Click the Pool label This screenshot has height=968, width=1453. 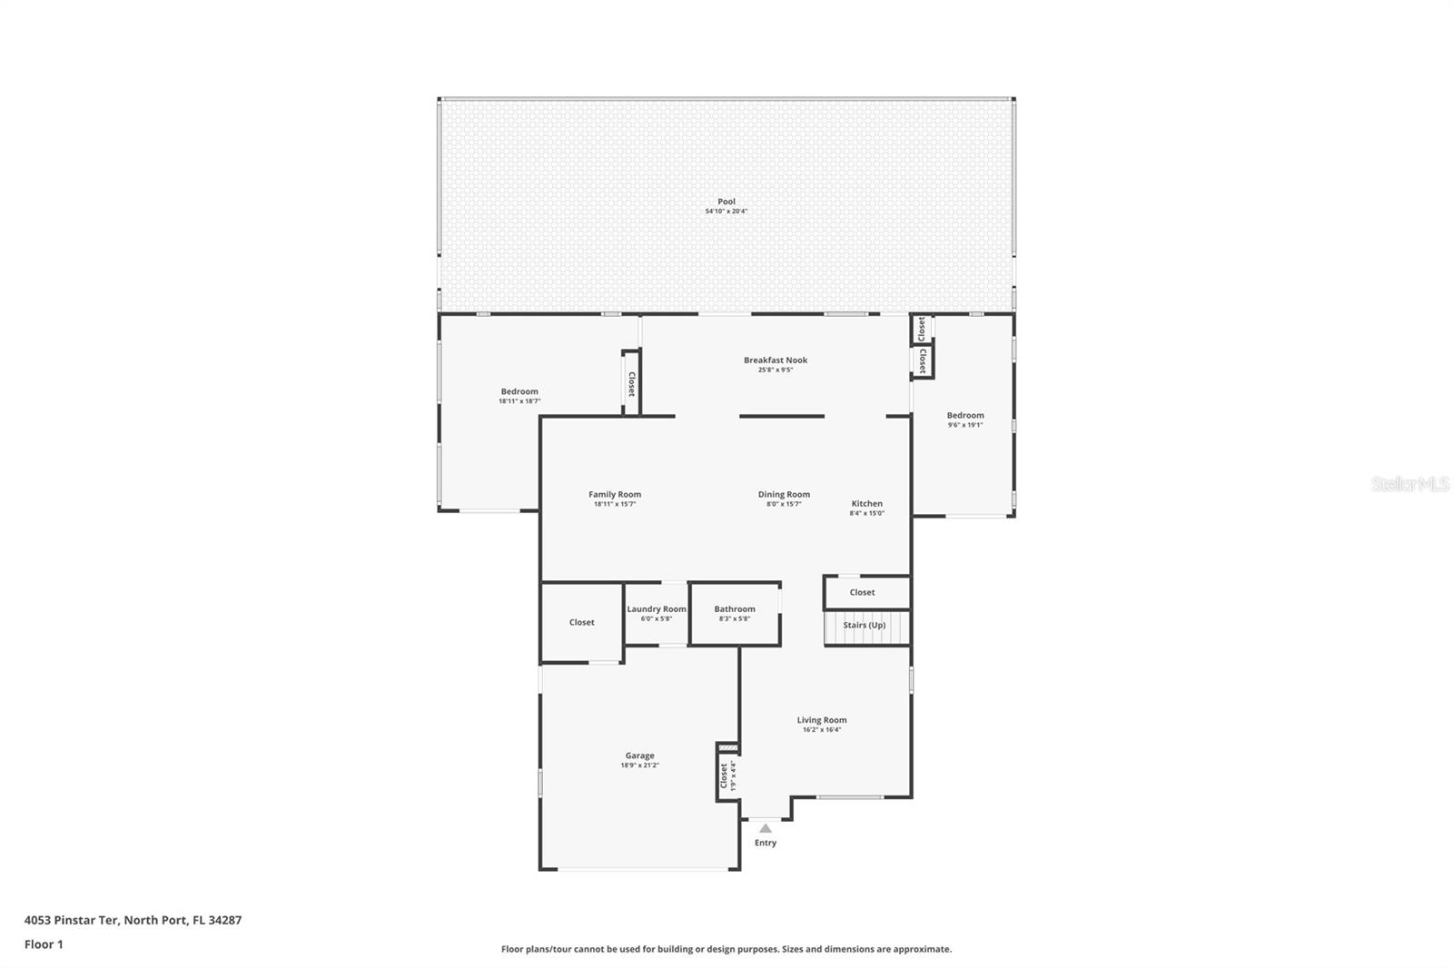726,202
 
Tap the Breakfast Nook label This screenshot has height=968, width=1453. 776,361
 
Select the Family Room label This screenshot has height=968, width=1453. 615,495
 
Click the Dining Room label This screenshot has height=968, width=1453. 784,495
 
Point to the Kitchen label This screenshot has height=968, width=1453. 866,504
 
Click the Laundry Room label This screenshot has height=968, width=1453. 656,609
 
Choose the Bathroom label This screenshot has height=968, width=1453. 734,609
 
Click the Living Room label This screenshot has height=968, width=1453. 822,720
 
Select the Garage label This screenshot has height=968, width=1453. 639,756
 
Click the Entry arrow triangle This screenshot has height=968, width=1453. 766,828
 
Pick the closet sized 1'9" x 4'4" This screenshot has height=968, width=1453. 726,775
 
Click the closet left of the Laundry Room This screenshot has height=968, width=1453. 581,623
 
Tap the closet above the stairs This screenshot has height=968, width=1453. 862,593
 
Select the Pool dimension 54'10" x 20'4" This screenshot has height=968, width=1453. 726,212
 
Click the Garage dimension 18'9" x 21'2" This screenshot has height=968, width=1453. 639,766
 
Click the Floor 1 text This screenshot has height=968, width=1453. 44,944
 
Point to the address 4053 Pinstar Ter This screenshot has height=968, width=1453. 133,920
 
